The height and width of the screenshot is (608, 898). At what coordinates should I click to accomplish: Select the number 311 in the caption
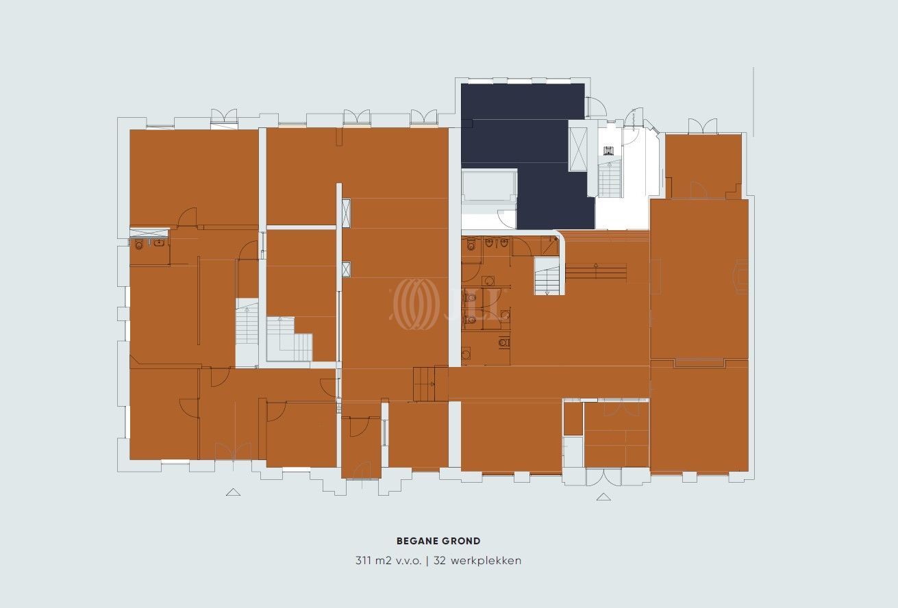363,560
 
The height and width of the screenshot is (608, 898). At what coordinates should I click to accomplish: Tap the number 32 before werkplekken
439,560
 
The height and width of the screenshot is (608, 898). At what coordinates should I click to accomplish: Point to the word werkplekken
486,560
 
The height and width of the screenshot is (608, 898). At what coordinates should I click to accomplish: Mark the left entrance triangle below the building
233,492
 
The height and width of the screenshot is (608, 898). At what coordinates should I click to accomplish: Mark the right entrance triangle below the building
603,497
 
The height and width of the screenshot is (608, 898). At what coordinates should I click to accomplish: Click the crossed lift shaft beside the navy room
577,149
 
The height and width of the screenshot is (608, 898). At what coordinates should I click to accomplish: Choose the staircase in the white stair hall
610,179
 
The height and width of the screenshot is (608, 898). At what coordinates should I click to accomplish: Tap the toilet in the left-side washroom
139,244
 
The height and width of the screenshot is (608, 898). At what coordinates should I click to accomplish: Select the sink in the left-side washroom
159,242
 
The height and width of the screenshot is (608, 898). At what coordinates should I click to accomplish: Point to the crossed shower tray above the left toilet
149,233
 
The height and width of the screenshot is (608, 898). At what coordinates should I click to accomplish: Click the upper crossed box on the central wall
346,213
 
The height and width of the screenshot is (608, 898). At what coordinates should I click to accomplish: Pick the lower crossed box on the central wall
346,269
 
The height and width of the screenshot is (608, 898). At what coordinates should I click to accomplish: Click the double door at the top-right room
702,126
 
